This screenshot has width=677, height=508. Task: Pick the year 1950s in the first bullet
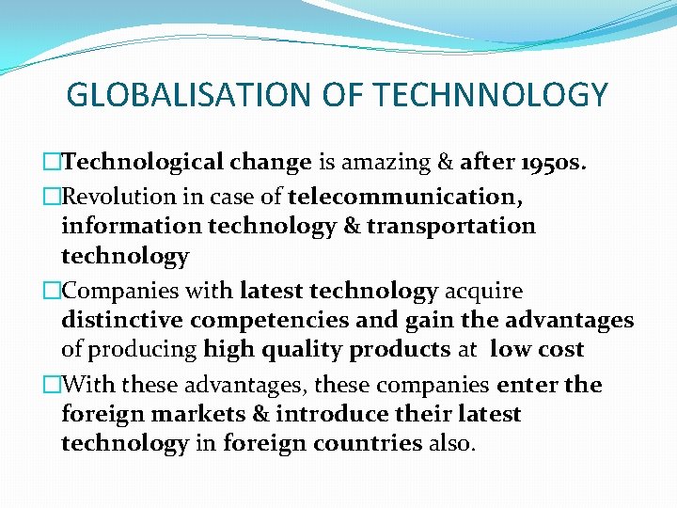552,162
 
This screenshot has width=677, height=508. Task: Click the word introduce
329,414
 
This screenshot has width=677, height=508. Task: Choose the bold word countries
369,443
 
